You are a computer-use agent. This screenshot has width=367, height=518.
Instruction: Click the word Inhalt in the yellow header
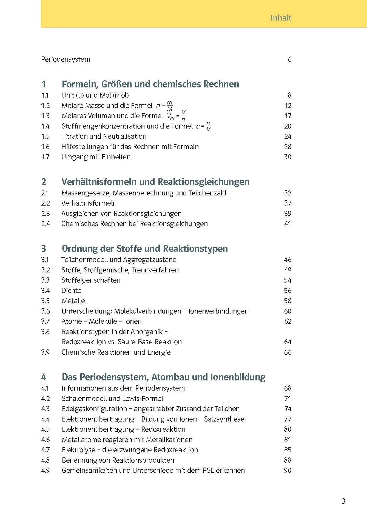click(x=281, y=18)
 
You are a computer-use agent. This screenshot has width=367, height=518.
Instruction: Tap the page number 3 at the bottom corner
click(x=343, y=501)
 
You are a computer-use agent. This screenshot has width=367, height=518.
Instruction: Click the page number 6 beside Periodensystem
click(x=289, y=59)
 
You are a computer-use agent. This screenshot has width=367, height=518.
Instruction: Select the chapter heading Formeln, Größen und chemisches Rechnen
click(x=150, y=84)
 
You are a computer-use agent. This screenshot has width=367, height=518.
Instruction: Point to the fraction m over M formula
click(x=170, y=106)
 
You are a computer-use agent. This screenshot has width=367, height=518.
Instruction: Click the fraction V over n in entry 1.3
click(x=183, y=116)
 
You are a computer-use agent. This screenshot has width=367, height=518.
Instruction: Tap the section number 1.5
click(x=45, y=136)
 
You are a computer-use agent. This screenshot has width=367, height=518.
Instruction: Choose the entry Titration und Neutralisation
click(x=104, y=136)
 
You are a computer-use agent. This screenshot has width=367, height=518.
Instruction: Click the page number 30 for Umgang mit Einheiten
click(x=288, y=157)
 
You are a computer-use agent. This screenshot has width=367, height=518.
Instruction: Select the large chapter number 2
click(x=44, y=182)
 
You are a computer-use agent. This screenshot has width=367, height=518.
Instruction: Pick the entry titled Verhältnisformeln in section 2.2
click(x=89, y=203)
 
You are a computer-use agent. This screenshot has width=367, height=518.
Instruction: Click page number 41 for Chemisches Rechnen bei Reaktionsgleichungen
click(x=288, y=224)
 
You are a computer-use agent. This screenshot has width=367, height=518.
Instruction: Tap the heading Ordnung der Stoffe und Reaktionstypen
click(x=145, y=249)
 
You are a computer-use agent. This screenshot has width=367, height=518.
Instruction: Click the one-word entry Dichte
click(x=71, y=291)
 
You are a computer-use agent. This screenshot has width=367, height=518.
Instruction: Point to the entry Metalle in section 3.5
click(x=73, y=301)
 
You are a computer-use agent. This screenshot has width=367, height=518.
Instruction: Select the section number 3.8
click(x=45, y=332)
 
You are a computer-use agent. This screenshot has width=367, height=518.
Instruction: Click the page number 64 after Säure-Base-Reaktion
click(x=288, y=342)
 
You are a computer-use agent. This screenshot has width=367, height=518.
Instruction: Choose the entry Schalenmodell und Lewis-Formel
click(x=112, y=399)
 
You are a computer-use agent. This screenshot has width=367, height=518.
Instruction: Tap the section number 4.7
click(x=45, y=450)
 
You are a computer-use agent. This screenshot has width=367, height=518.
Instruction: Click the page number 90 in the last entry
click(x=288, y=470)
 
